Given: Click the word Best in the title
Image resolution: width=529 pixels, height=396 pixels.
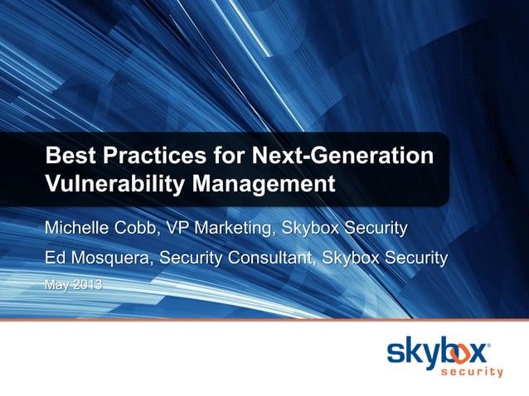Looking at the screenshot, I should (x=68, y=154).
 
